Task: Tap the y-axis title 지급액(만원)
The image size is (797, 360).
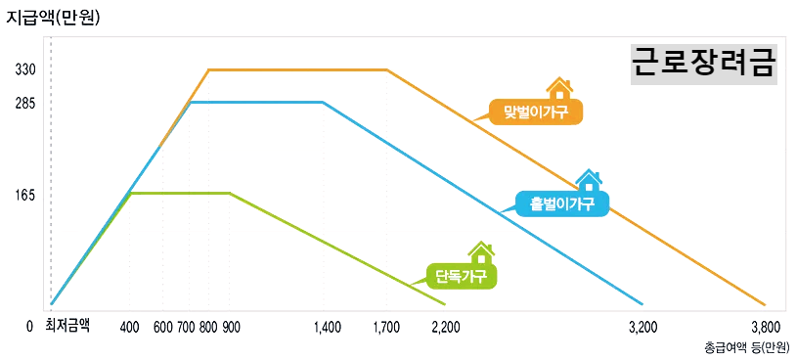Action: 54,16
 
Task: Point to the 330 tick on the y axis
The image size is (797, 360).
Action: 25,70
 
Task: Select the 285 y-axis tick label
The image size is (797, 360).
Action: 25,102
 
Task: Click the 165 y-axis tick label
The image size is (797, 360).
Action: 25,195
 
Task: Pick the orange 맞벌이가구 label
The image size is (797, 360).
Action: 536,112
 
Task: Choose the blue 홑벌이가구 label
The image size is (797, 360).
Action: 562,203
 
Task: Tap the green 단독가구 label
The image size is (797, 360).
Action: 461,275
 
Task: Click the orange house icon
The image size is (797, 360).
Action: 559,89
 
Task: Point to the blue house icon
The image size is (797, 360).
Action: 589,180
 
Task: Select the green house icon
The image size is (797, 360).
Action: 480,252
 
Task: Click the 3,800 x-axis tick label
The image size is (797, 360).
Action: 765,327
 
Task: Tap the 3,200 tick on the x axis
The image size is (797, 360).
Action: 642,327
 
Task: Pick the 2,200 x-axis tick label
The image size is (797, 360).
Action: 445,327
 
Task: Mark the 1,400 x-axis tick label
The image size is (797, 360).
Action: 329,327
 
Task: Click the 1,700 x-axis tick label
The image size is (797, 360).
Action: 386,327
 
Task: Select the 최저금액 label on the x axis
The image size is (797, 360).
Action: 67,326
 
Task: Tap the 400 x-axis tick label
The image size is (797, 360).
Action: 129,327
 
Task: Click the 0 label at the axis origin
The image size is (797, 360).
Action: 30,327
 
